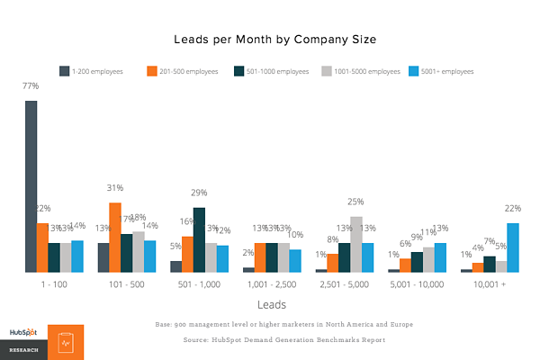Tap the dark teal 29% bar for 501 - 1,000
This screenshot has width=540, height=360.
199,239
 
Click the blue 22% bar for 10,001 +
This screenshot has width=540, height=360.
512,247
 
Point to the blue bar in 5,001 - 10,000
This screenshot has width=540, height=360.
440,257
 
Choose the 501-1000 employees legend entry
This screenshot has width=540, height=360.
272,70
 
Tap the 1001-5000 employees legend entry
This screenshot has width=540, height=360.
361,70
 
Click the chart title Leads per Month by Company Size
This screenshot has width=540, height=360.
271,40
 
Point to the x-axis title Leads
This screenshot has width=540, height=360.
271,304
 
